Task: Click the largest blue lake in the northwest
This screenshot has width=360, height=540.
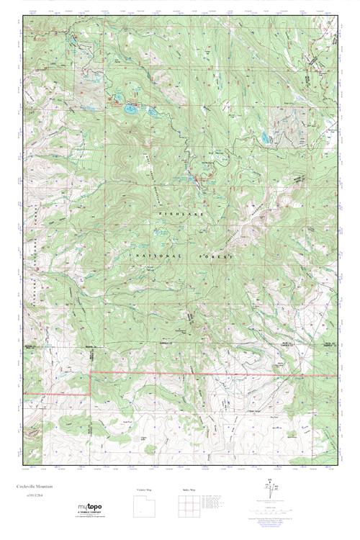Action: click(x=130, y=110)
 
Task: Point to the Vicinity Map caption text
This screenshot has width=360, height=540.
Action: click(x=145, y=490)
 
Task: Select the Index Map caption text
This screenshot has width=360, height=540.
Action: click(x=189, y=490)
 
